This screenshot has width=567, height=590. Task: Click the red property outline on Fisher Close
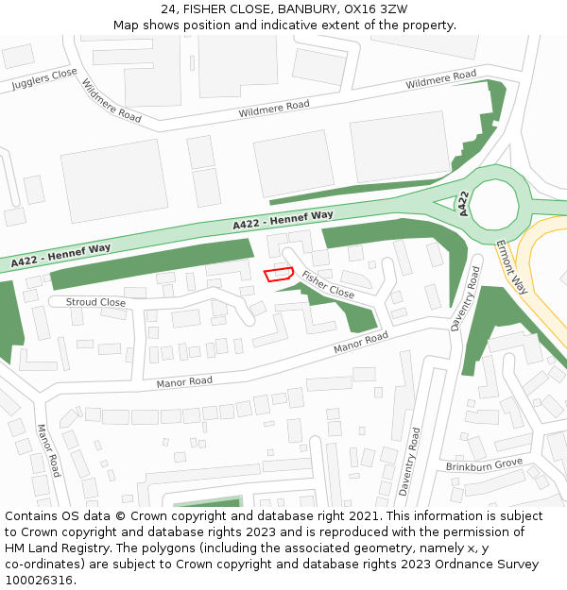click(278, 275)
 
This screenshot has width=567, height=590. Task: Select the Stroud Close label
click(95, 303)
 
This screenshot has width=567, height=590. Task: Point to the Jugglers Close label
click(44, 79)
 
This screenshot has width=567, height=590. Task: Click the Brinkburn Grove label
click(484, 464)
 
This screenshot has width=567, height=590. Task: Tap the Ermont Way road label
click(511, 267)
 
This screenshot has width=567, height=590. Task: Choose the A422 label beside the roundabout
click(463, 205)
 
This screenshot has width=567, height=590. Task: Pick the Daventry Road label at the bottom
click(408, 462)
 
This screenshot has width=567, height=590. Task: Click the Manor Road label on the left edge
click(48, 450)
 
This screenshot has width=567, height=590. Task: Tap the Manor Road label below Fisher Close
click(360, 343)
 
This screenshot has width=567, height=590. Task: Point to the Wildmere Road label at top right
click(441, 80)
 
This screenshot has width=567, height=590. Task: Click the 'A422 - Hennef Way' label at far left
click(61, 254)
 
